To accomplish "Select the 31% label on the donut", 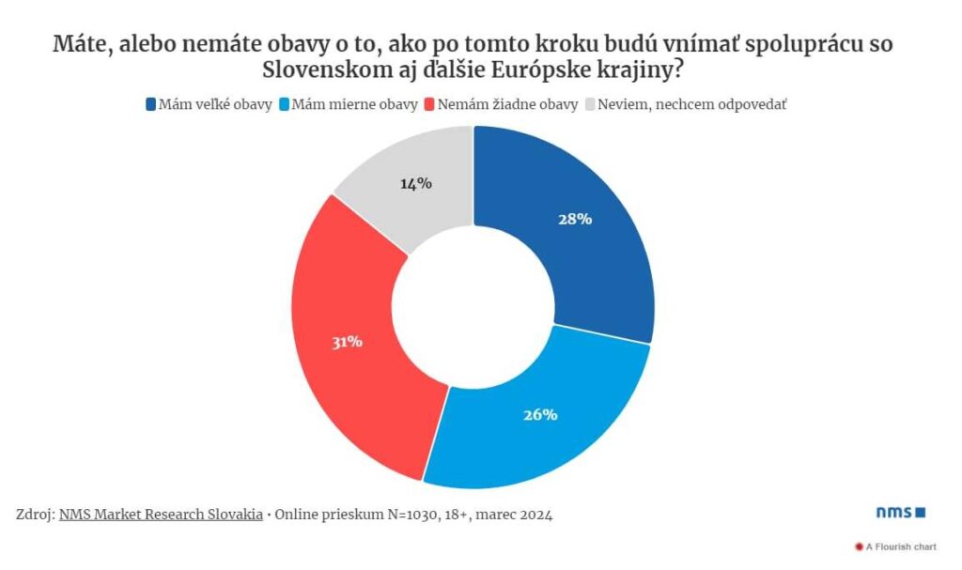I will [347, 342].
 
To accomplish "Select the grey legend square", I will [591, 104].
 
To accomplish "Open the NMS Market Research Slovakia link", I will [161, 515].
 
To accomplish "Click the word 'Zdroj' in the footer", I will [35, 515].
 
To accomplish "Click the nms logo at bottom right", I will [900, 512].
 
